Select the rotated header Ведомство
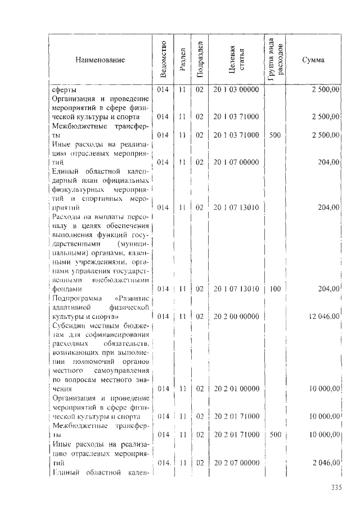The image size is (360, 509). tap(162, 60)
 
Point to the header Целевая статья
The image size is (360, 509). tap(235, 60)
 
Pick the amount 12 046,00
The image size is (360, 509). tap(323, 316)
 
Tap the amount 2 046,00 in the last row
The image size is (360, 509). tap(326, 462)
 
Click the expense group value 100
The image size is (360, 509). tap(275, 289)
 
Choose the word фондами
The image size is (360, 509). tap(66, 289)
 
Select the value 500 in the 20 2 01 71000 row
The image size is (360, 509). tap(275, 435)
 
